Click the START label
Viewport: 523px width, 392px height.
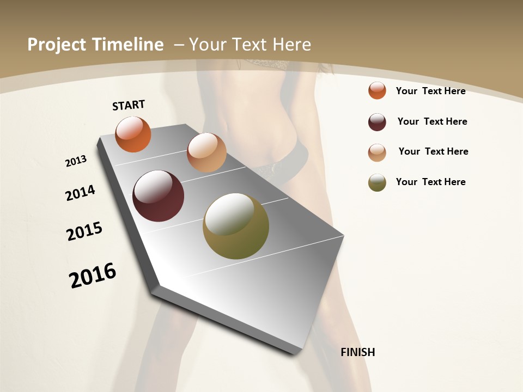(129, 105)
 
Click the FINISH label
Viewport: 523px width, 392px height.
(358, 352)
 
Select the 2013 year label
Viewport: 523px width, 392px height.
(76, 161)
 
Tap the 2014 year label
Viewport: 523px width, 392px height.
(80, 193)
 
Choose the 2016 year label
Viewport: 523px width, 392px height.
(93, 275)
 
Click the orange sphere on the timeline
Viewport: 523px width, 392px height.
(133, 134)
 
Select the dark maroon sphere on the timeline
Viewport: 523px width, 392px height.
(158, 196)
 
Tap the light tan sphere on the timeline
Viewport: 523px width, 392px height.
(206, 152)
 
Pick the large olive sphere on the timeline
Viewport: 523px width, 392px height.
(236, 226)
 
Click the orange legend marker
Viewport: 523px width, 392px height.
(377, 90)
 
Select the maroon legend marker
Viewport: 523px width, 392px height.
(377, 122)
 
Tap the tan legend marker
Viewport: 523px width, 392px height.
(377, 152)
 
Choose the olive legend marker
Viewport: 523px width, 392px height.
(377, 182)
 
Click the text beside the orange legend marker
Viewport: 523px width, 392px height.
(430, 91)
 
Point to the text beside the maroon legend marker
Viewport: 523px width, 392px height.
(432, 121)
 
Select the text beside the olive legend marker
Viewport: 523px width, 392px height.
(430, 182)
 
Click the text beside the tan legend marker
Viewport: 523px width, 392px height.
(433, 151)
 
